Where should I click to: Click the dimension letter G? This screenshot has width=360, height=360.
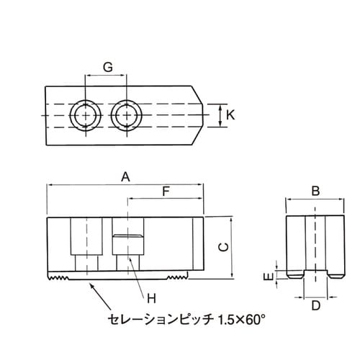107,67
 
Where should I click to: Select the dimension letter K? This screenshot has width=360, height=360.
230,114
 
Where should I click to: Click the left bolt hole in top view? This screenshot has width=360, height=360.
84,114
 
